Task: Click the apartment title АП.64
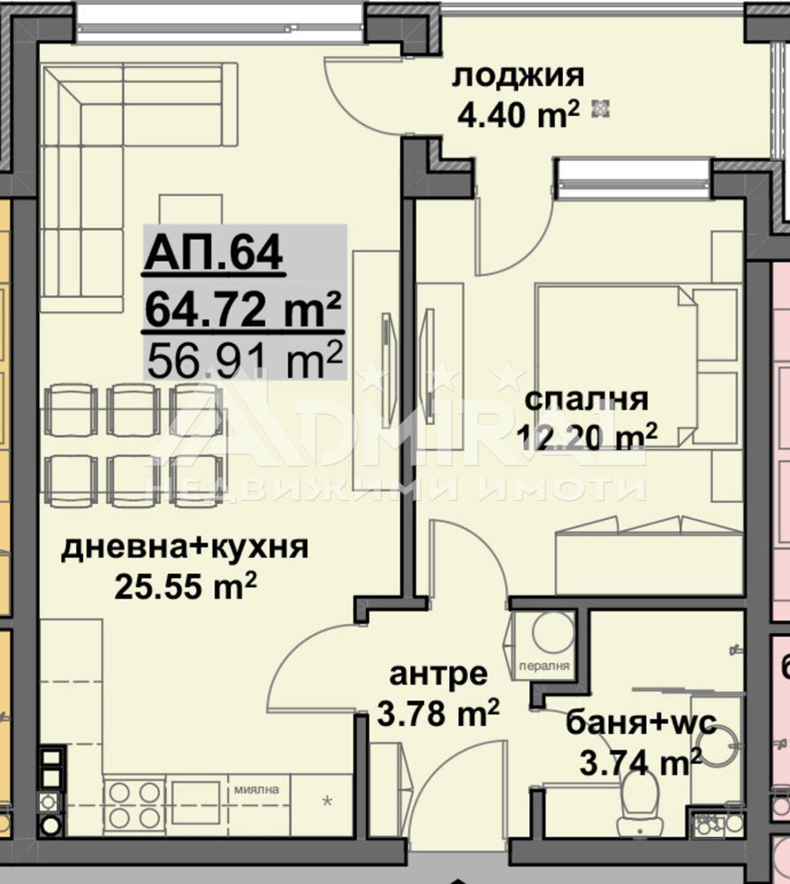[x=213, y=253]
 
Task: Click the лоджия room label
[x=518, y=76]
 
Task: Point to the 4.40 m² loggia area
[x=518, y=114]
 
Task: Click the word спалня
[x=586, y=400]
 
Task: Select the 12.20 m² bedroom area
[x=587, y=436]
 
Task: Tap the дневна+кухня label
[x=185, y=547]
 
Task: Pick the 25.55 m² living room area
[x=186, y=586]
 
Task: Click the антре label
[x=438, y=674]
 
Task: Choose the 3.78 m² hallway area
[x=437, y=713]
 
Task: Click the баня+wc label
[x=641, y=722]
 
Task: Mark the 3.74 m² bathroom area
[x=640, y=762]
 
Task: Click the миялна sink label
[x=256, y=789]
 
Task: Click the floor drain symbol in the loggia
[x=601, y=108]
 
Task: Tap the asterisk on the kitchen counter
[x=327, y=801]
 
